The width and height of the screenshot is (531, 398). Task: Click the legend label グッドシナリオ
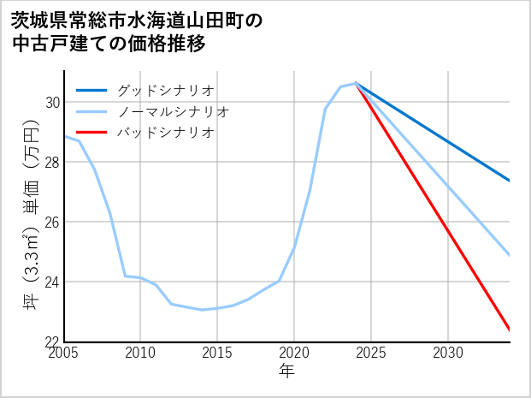(x=165, y=90)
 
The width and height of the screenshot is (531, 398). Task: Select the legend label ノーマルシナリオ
(x=173, y=111)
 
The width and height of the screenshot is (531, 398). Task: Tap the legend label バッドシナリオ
(x=165, y=133)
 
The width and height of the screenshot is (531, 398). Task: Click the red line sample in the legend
(x=92, y=133)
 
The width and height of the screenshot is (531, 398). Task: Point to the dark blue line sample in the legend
(x=92, y=90)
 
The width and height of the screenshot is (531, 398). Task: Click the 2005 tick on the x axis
(x=64, y=353)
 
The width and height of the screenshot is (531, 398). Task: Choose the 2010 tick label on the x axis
(x=140, y=353)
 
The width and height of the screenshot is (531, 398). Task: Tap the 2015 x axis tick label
(x=217, y=353)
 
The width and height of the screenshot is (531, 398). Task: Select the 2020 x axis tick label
(x=294, y=353)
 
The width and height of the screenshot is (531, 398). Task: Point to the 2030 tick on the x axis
(x=448, y=353)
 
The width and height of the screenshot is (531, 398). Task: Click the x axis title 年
(x=286, y=371)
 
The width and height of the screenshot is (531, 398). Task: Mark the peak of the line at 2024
(x=356, y=83)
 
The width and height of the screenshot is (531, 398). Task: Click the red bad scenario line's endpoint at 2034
(x=509, y=330)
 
